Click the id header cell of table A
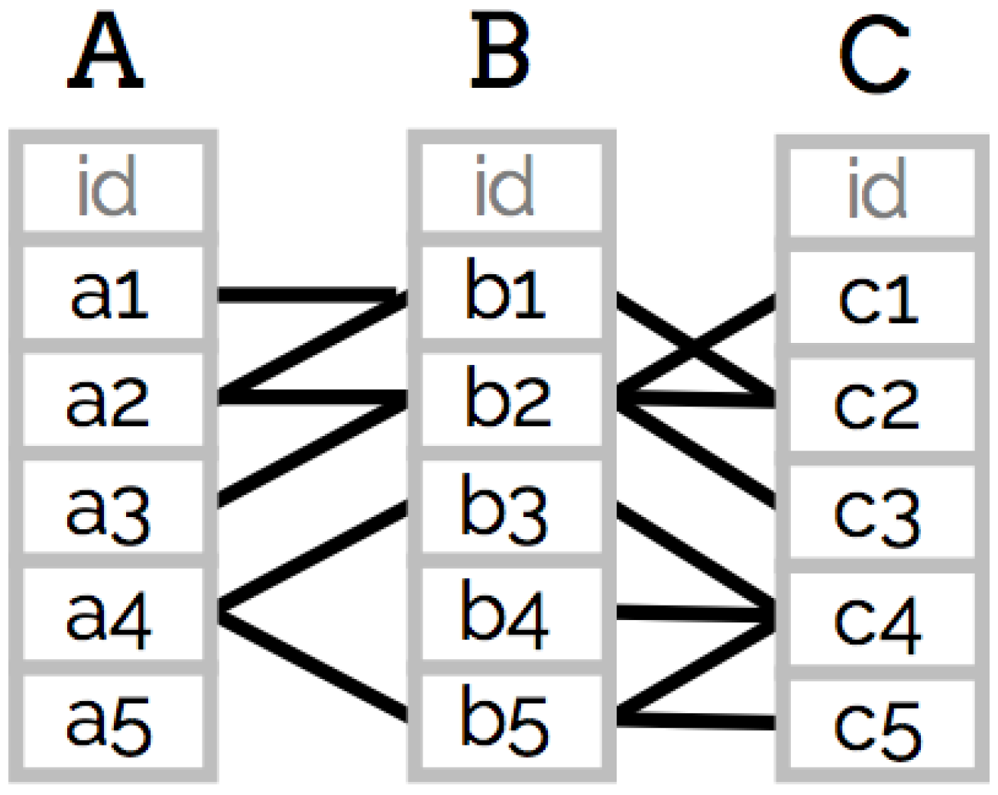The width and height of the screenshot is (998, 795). point(112,188)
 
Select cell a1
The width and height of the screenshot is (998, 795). point(112,294)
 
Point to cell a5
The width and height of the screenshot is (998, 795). point(112,722)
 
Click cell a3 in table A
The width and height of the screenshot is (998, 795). point(112,508)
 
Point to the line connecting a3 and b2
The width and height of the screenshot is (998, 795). point(313,451)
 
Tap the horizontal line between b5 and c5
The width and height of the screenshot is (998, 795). point(699,719)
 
